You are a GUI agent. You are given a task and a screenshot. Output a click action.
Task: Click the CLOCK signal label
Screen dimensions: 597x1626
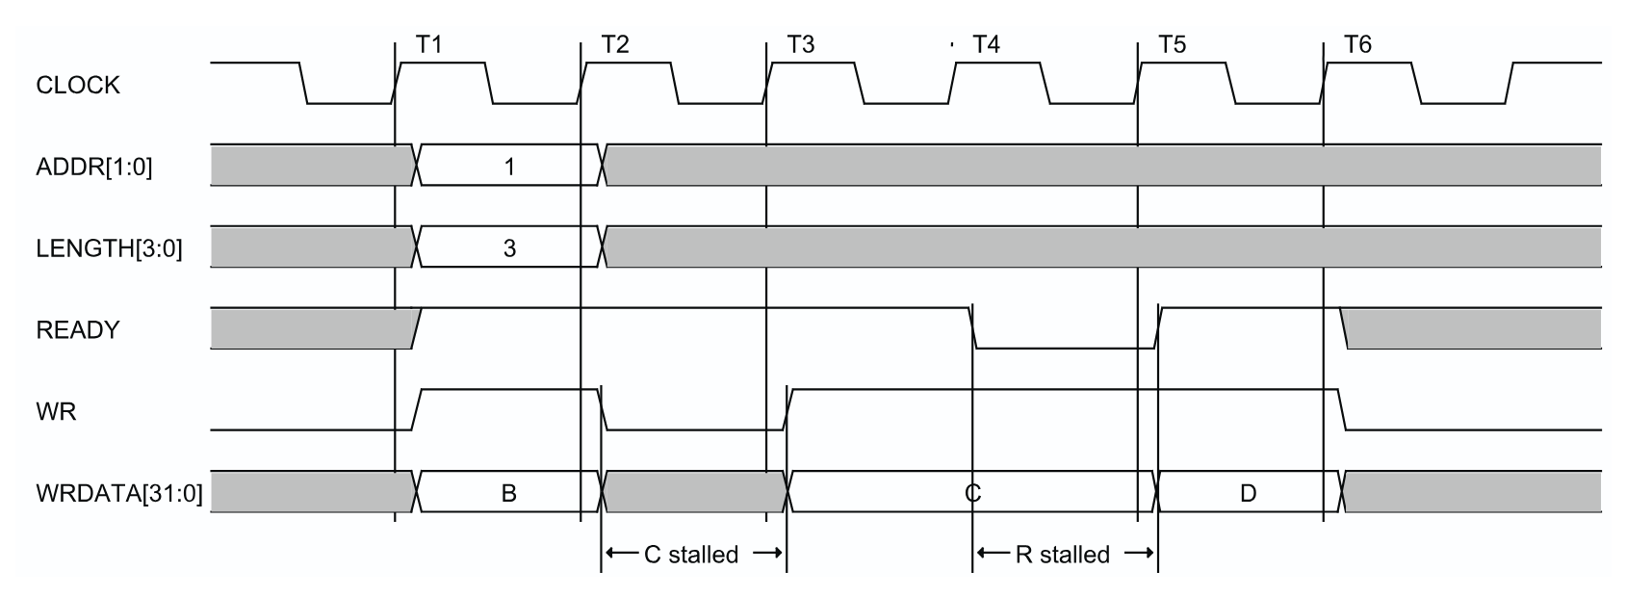78,86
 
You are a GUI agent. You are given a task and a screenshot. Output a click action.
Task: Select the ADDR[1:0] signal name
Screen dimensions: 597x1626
93,168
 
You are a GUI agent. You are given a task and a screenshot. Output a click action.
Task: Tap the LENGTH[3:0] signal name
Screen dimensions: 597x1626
109,249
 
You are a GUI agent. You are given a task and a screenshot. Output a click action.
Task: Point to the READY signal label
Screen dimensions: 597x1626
77,330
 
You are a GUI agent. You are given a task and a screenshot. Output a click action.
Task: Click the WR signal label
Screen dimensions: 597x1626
55,412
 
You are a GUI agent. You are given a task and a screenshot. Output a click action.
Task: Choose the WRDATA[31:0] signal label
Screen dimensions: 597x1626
118,494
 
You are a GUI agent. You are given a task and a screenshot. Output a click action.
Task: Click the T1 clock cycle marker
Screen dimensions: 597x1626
428,44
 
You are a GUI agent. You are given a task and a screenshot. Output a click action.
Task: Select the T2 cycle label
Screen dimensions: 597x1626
615,44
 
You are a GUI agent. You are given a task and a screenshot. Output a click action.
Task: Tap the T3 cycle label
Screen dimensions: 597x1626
801,44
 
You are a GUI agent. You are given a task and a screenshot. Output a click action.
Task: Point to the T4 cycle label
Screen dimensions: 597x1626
987,44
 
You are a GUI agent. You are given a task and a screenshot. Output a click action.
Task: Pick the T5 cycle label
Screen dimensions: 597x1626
1172,44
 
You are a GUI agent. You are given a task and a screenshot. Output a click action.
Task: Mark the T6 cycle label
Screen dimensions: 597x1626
1357,44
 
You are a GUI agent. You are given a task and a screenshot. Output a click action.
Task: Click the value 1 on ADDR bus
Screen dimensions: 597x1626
509,167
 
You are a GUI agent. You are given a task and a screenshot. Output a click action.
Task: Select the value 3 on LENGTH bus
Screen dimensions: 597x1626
509,248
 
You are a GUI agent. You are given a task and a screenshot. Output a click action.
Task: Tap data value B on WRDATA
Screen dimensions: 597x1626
509,494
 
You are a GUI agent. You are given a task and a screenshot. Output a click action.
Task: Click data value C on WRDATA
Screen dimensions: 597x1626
972,494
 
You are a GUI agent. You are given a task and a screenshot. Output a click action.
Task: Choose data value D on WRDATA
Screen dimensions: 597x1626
1248,494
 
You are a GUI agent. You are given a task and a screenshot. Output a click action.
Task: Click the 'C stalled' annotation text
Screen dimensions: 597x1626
691,555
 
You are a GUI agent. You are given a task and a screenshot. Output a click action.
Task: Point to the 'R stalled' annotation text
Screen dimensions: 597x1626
1063,555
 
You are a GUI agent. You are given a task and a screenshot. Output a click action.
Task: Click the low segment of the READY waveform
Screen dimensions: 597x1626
1065,348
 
